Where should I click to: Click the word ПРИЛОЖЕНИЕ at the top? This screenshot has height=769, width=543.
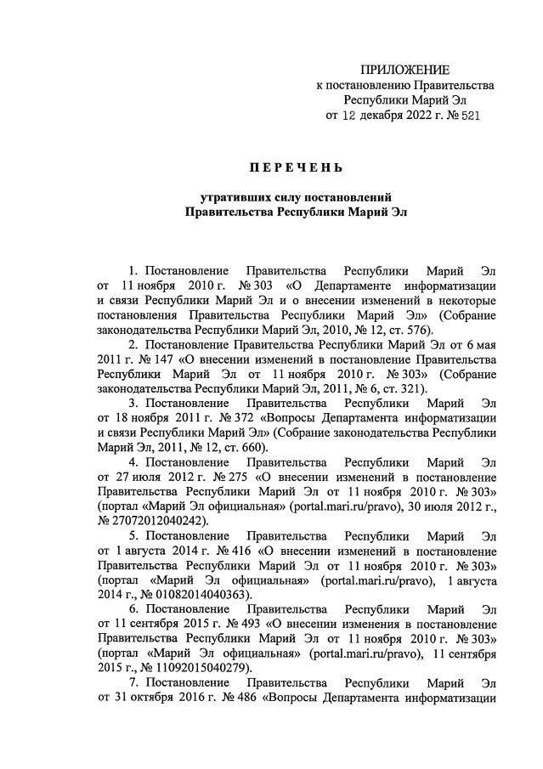click(406, 69)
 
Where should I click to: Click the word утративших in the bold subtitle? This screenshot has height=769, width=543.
click(231, 196)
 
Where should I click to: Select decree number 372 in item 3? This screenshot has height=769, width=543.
click(237, 419)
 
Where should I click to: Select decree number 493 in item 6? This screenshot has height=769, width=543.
click(255, 625)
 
